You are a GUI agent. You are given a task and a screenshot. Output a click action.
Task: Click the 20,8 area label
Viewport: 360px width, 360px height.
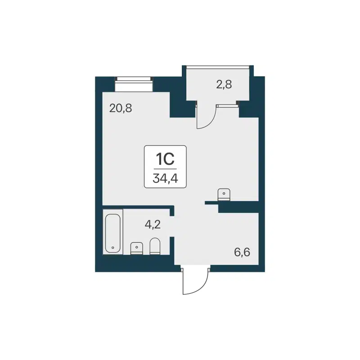tap(121, 108)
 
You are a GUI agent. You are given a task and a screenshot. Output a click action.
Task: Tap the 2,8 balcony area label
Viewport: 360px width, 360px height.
tap(224, 84)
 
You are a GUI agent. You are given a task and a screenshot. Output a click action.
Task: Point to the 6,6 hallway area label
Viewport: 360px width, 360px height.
tap(242, 251)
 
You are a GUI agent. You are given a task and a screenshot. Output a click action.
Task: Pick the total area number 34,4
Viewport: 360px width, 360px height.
tap(165, 178)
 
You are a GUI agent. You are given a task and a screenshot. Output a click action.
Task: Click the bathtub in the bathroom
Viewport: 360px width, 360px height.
tap(112, 233)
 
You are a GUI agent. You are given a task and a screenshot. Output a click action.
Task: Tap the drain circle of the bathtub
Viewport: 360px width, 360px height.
tap(112, 247)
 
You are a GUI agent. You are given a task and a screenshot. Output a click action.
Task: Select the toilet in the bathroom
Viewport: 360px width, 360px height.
tap(155, 246)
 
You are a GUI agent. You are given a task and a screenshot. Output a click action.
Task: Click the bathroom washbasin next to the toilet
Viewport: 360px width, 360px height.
tap(136, 248)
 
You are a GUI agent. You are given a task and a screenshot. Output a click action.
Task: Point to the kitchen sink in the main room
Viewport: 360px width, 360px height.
tap(224, 194)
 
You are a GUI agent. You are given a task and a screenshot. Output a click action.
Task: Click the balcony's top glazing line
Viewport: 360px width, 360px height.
tap(218, 67)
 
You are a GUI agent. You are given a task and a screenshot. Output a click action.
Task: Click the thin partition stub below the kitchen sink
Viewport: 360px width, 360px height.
tap(211, 203)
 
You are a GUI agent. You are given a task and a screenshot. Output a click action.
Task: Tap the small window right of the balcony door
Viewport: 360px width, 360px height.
tap(227, 105)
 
